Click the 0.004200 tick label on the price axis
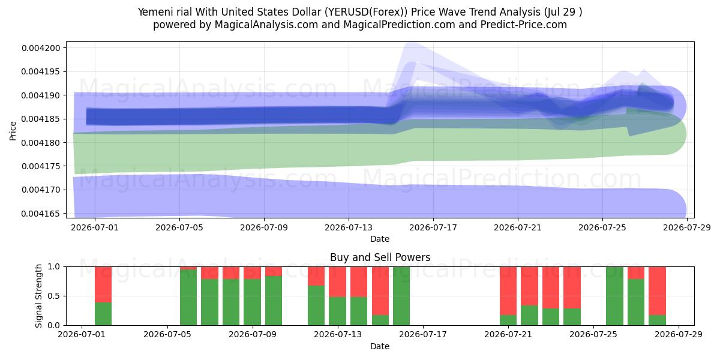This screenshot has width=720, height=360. click(41, 48)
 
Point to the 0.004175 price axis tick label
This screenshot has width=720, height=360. click(41, 166)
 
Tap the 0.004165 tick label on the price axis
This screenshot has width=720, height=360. click(41, 214)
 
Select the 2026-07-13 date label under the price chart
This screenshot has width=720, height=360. click(349, 227)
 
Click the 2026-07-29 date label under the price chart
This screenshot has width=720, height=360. click(687, 227)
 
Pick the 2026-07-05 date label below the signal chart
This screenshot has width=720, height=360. click(167, 335)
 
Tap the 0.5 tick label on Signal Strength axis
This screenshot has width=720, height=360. click(53, 296)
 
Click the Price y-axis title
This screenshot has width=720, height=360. click(13, 131)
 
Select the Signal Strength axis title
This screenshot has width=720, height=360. click(38, 296)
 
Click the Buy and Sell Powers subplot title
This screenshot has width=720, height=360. click(380, 257)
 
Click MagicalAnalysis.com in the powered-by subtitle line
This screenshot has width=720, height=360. click(266, 25)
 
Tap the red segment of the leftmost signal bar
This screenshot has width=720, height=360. click(103, 284)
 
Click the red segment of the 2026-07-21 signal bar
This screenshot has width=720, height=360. click(508, 291)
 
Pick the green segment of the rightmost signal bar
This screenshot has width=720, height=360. click(657, 320)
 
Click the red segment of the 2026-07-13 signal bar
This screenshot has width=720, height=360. click(337, 281)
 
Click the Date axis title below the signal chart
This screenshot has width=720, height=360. click(380, 347)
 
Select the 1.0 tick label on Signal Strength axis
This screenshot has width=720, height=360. click(53, 267)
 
